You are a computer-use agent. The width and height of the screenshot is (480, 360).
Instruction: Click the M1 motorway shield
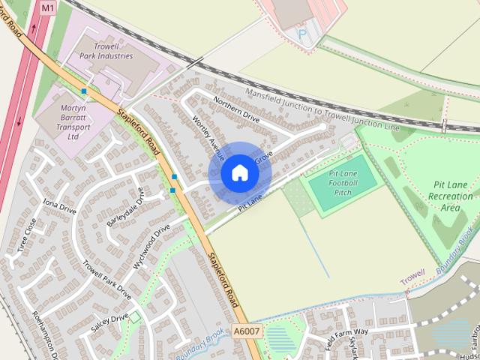pyautogui.click(x=48, y=7)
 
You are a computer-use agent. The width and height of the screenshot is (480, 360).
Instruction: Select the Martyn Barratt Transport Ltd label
pyautogui.click(x=73, y=122)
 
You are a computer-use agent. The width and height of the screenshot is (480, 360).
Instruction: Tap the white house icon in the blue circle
pyautogui.click(x=239, y=173)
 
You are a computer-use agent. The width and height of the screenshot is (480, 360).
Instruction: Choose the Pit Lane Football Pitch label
pyautogui.click(x=342, y=183)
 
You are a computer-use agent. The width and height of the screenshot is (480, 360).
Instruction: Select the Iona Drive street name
pyautogui.click(x=60, y=206)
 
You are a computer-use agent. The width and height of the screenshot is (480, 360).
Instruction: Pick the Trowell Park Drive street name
pyautogui.click(x=107, y=279)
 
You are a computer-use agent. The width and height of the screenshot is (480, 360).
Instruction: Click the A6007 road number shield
pyautogui.click(x=246, y=331)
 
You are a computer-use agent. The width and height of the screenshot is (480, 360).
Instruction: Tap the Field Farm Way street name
pyautogui.click(x=347, y=331)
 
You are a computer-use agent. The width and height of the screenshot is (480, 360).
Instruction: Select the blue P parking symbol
pyautogui.click(x=301, y=33)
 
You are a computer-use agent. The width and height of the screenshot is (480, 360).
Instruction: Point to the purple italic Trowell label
pyautogui.click(x=412, y=277)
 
